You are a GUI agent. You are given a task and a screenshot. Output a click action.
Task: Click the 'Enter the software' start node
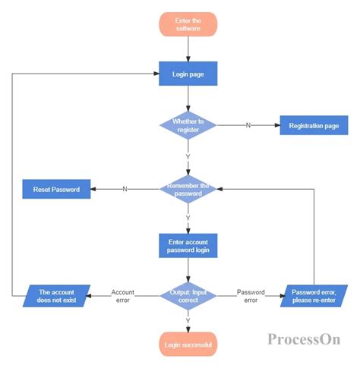[x=188, y=24]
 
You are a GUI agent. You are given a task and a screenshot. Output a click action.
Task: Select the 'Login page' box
[x=188, y=74]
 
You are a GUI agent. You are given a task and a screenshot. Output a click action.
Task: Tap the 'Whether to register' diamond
[x=188, y=124]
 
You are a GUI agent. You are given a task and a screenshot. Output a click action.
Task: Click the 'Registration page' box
[x=314, y=124]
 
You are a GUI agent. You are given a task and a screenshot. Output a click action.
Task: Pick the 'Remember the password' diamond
[x=188, y=189]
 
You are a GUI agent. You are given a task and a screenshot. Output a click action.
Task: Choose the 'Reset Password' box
[x=56, y=189]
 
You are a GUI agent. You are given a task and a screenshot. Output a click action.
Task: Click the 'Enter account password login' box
[x=188, y=245]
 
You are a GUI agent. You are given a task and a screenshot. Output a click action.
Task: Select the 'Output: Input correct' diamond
[x=188, y=296]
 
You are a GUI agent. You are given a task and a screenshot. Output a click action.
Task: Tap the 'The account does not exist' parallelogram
[x=56, y=296]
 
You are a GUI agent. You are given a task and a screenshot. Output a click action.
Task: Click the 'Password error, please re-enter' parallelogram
[x=314, y=296]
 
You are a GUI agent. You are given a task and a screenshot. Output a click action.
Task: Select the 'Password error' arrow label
[x=251, y=296]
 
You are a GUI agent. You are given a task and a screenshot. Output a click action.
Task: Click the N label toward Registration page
[x=248, y=124]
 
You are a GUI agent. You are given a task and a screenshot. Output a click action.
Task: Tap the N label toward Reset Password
[x=124, y=189]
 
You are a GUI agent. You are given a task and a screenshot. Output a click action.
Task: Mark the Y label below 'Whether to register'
[x=188, y=156]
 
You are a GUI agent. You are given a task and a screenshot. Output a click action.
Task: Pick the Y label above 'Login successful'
[x=188, y=320]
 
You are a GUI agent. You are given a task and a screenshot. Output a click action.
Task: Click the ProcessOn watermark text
[x=303, y=339]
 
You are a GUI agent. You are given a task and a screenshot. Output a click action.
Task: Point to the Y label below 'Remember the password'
[x=188, y=218]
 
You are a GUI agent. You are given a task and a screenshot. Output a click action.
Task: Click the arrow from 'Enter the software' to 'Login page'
[x=188, y=49]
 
